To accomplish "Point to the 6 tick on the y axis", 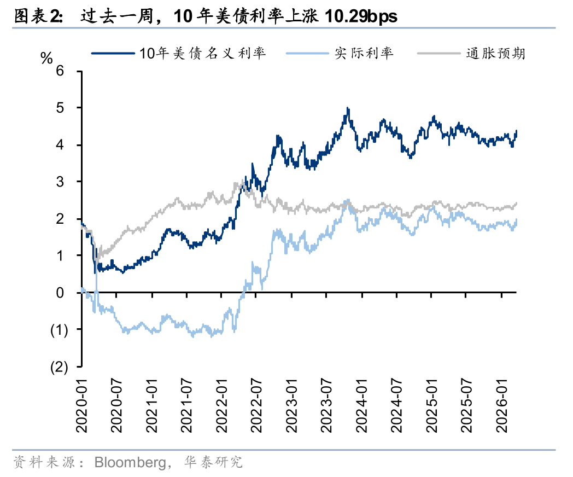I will pyautogui.click(x=61, y=71).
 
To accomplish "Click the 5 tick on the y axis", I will pyautogui.click(x=61, y=108).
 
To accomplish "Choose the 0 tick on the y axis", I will pyautogui.click(x=61, y=293).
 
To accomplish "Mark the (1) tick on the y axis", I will pyautogui.click(x=59, y=330).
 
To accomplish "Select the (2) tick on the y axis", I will pyautogui.click(x=59, y=367).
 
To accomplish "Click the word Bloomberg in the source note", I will pyautogui.click(x=130, y=462).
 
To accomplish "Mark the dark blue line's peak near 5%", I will pyautogui.click(x=347, y=108).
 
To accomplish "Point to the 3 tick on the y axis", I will pyautogui.click(x=61, y=182).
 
